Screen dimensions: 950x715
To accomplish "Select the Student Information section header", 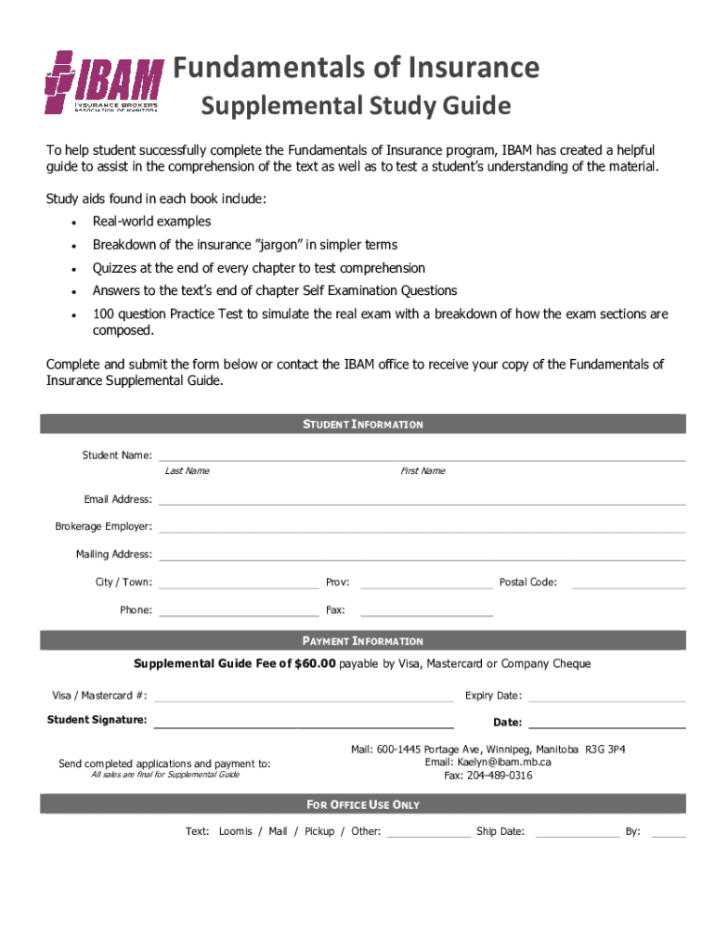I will point(363,424).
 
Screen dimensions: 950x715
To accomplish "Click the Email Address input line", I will point(422,502).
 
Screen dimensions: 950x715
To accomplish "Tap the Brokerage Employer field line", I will point(422,530).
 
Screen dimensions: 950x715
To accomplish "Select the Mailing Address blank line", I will point(422,558).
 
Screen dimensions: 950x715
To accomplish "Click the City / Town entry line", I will point(239,585).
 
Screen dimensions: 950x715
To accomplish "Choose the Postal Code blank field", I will point(629,585).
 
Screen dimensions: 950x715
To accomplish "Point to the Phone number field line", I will point(239,613).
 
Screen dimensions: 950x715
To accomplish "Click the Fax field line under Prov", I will point(426,613).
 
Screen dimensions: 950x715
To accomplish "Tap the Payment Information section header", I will point(363,641).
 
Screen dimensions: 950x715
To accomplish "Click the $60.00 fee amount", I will point(315,664).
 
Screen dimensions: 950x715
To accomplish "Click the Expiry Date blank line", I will point(606,699).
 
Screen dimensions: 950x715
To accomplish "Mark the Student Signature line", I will point(304,725).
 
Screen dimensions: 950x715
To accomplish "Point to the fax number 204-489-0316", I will point(500,776).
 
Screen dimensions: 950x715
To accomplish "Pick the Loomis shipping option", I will point(235,831).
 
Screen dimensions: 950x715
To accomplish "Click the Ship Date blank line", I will point(577,835).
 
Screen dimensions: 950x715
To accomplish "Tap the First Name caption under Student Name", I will point(422,471).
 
